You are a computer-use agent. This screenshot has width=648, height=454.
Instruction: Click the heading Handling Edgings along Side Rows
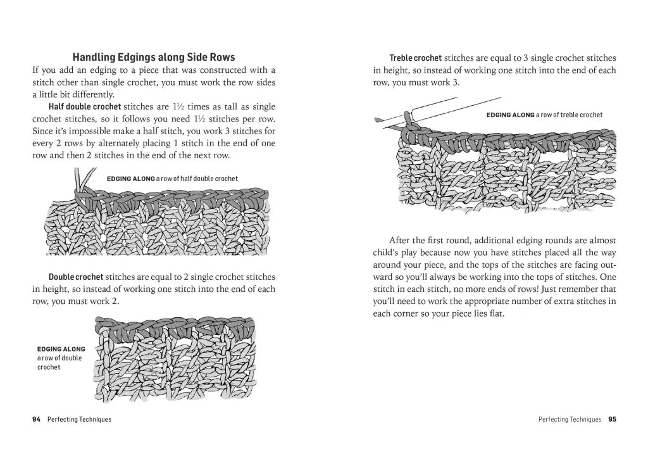click(x=154, y=57)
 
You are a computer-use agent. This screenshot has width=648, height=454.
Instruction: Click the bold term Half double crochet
click(x=84, y=106)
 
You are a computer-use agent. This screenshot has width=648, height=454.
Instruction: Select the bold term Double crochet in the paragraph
click(x=76, y=277)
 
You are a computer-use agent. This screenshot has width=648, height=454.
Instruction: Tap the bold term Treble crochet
click(x=415, y=58)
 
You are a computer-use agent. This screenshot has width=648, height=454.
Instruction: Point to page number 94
click(x=36, y=419)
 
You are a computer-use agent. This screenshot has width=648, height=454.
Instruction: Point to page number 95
click(x=612, y=419)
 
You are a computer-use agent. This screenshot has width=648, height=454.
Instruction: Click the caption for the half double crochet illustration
click(x=172, y=179)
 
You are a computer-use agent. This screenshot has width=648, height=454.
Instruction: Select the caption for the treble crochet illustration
click(x=544, y=115)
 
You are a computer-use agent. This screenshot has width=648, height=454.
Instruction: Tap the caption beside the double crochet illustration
click(x=61, y=358)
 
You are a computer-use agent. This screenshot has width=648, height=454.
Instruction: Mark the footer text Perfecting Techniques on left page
click(x=79, y=419)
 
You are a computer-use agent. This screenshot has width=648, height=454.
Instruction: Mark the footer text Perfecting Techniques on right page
click(x=570, y=419)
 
